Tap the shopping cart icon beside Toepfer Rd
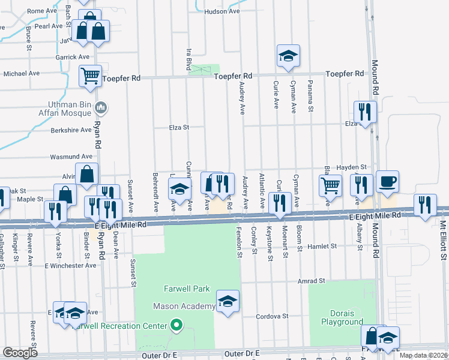click(90, 76)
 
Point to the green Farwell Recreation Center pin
click(176, 326)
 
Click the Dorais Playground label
click(338, 317)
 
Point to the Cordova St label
click(273, 316)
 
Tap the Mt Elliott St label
click(444, 240)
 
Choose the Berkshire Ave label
click(71, 129)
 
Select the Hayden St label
click(352, 167)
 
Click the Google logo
click(20, 352)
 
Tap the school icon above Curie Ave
click(288, 57)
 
